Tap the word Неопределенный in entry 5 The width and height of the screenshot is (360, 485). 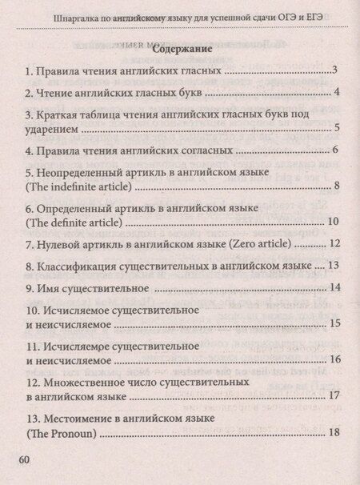coord(82,172)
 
